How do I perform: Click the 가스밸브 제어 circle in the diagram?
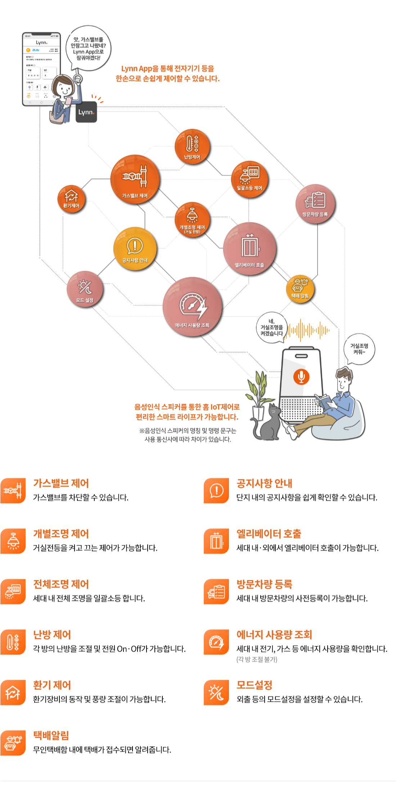coord(135,179)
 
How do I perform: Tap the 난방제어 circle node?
coord(192,146)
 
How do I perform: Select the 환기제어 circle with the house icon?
coord(71,199)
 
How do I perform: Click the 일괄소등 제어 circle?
coord(249,178)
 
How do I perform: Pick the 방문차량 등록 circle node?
coord(315,204)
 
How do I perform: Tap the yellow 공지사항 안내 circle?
coord(135,248)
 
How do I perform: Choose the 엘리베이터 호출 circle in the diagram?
coord(249,249)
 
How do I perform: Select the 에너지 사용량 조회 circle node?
coord(192,307)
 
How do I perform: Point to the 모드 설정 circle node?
coord(85,289)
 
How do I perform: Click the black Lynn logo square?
coord(86,112)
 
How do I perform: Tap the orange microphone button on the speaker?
coord(301,377)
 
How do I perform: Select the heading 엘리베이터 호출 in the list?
coord(269,534)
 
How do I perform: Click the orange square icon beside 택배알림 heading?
coord(13,743)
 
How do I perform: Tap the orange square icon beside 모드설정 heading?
coord(216,692)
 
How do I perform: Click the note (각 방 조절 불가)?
coord(257,659)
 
